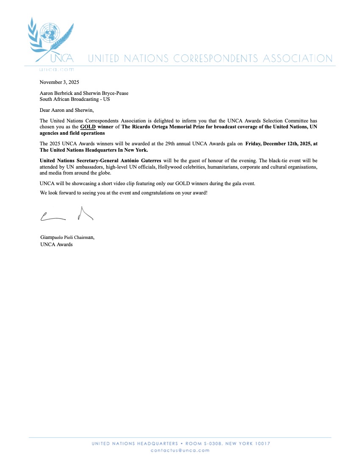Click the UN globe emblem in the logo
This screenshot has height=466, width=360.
click(x=51, y=32)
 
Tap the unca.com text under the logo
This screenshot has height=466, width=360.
click(x=56, y=69)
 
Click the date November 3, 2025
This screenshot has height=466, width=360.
click(x=59, y=82)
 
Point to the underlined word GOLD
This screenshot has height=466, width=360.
click(x=88, y=127)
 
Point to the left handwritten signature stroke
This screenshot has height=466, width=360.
click(x=53, y=217)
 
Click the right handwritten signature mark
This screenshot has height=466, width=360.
click(x=85, y=214)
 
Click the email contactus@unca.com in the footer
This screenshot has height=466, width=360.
click(x=180, y=450)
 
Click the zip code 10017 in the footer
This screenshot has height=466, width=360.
click(x=261, y=444)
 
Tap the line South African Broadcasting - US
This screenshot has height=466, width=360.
click(x=75, y=99)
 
